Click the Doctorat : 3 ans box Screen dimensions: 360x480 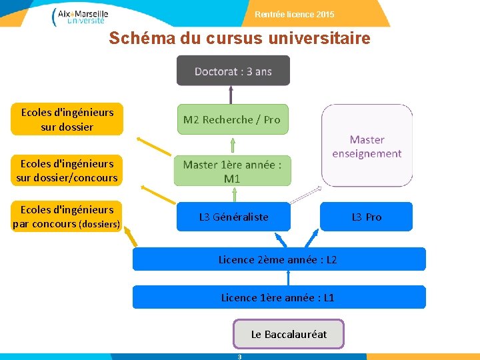tap(233, 71)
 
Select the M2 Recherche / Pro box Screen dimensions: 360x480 tap(233, 119)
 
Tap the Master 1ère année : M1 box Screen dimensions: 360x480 tap(233, 171)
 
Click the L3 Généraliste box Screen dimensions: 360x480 tap(233, 217)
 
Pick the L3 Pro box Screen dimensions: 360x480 tap(367, 217)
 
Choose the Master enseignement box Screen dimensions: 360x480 tap(367, 145)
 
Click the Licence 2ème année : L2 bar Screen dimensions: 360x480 tap(278, 259)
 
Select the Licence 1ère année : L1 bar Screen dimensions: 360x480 tap(278, 297)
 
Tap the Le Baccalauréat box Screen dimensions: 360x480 tap(289, 334)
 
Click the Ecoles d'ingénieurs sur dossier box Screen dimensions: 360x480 tap(67, 119)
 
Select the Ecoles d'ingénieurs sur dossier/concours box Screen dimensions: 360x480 tap(67, 170)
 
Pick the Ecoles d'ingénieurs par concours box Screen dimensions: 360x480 tap(67, 217)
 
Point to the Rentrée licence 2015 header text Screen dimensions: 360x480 tap(295, 15)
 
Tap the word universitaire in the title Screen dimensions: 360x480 tap(319, 39)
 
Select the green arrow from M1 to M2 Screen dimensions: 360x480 tap(233, 145)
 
